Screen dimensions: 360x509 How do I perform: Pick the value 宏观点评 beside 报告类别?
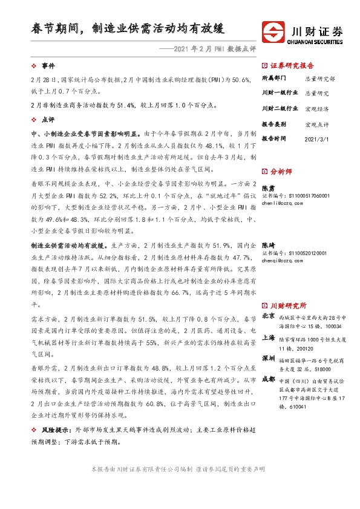coord(316,124)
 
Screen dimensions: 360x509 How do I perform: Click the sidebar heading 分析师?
coord(282,172)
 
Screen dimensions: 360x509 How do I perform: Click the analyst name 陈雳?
coord(267,188)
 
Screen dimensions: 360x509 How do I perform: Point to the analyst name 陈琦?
coord(267,245)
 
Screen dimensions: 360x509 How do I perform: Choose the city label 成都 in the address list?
coord(268,379)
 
